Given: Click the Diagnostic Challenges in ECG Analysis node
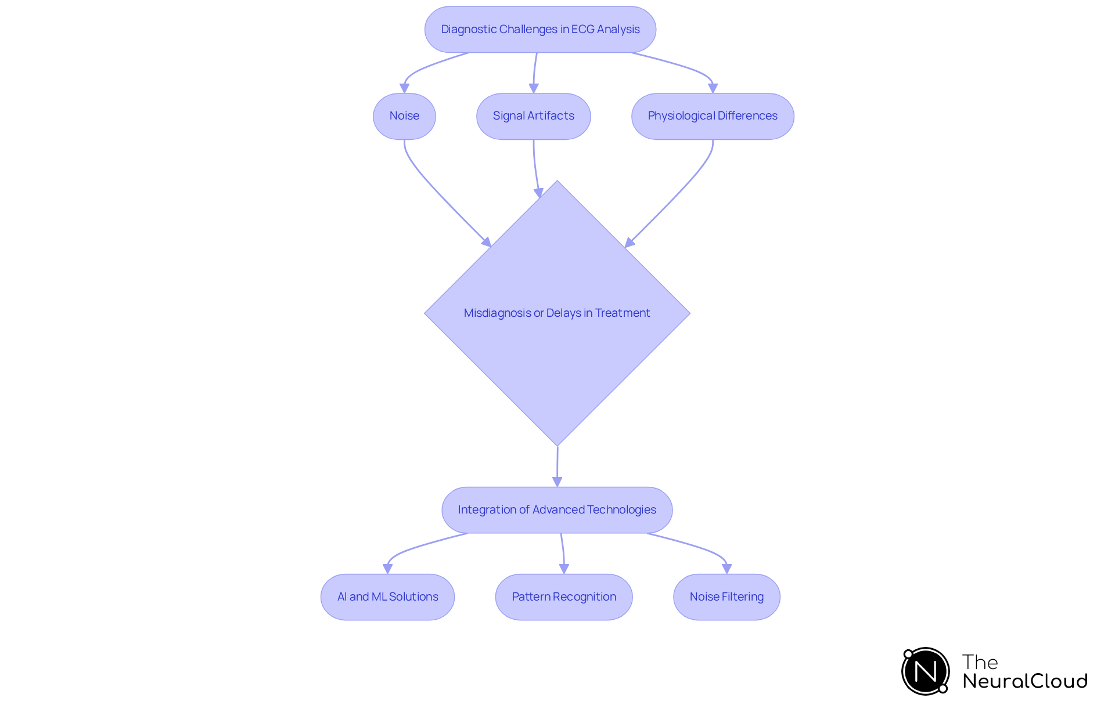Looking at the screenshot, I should coord(540,30).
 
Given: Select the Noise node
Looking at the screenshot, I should coord(404,116).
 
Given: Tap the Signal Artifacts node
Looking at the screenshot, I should coord(533,116).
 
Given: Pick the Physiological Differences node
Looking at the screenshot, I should coord(712,116).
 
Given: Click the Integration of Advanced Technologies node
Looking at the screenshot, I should coord(557,510).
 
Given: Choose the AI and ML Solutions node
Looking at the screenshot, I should coord(387,597).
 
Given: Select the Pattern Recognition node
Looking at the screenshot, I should coord(563,597).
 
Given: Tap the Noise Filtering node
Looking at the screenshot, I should coord(726,597).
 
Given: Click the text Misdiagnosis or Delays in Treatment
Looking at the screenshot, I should coord(557,313).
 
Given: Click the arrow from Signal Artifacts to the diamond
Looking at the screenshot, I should coord(535,168).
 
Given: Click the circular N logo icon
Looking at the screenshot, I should coord(925,671).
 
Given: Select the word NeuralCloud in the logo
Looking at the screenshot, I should coord(1025,681).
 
